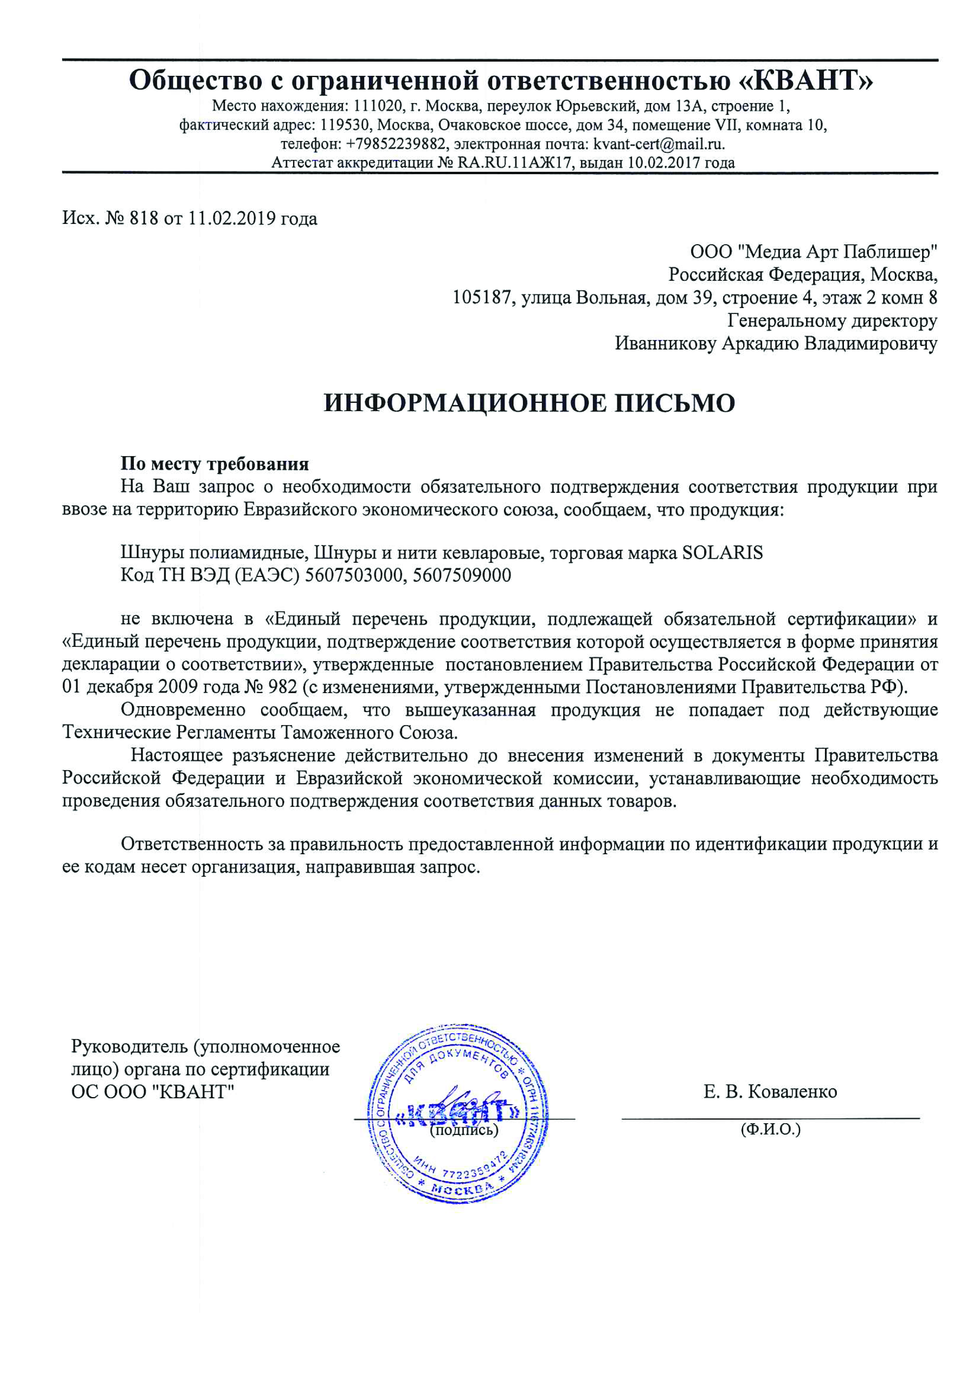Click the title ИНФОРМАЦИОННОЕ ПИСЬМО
pyautogui.click(x=529, y=403)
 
